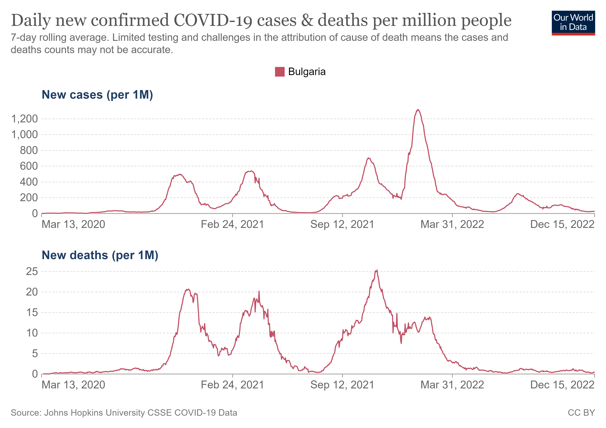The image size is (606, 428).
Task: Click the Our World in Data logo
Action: click(x=573, y=23)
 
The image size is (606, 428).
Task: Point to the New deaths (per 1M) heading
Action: click(x=100, y=255)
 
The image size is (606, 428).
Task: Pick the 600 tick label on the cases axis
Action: click(x=29, y=166)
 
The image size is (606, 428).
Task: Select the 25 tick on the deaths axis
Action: click(x=32, y=271)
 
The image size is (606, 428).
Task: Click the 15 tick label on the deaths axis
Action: click(x=32, y=313)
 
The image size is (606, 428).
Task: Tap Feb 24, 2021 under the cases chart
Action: click(x=232, y=224)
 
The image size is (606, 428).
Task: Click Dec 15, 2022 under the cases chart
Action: click(x=562, y=224)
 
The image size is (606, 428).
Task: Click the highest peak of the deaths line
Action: click(x=377, y=270)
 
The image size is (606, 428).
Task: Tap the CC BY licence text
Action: click(x=581, y=413)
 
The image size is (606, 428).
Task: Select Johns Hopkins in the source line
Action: click(x=75, y=413)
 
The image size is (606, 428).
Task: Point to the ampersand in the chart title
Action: click(x=307, y=20)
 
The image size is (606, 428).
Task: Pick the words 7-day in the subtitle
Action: click(x=23, y=37)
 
